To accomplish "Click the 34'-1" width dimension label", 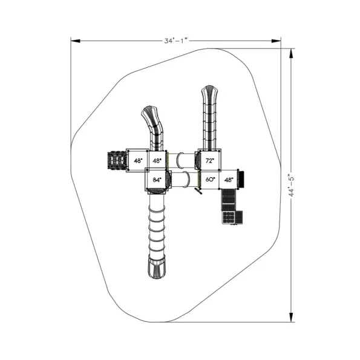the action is pos(176,41).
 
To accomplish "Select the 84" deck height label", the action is pos(157,180).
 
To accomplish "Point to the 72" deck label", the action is pos(209,161).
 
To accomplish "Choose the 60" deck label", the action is pos(211,179).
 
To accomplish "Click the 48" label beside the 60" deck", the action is pos(229,180).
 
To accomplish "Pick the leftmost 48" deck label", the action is pos(138,161).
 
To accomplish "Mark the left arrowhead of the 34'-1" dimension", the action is pos(75,41).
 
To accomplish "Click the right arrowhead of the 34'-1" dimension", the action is pos(276,41).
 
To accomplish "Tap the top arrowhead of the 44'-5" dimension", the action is pos(291,53).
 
